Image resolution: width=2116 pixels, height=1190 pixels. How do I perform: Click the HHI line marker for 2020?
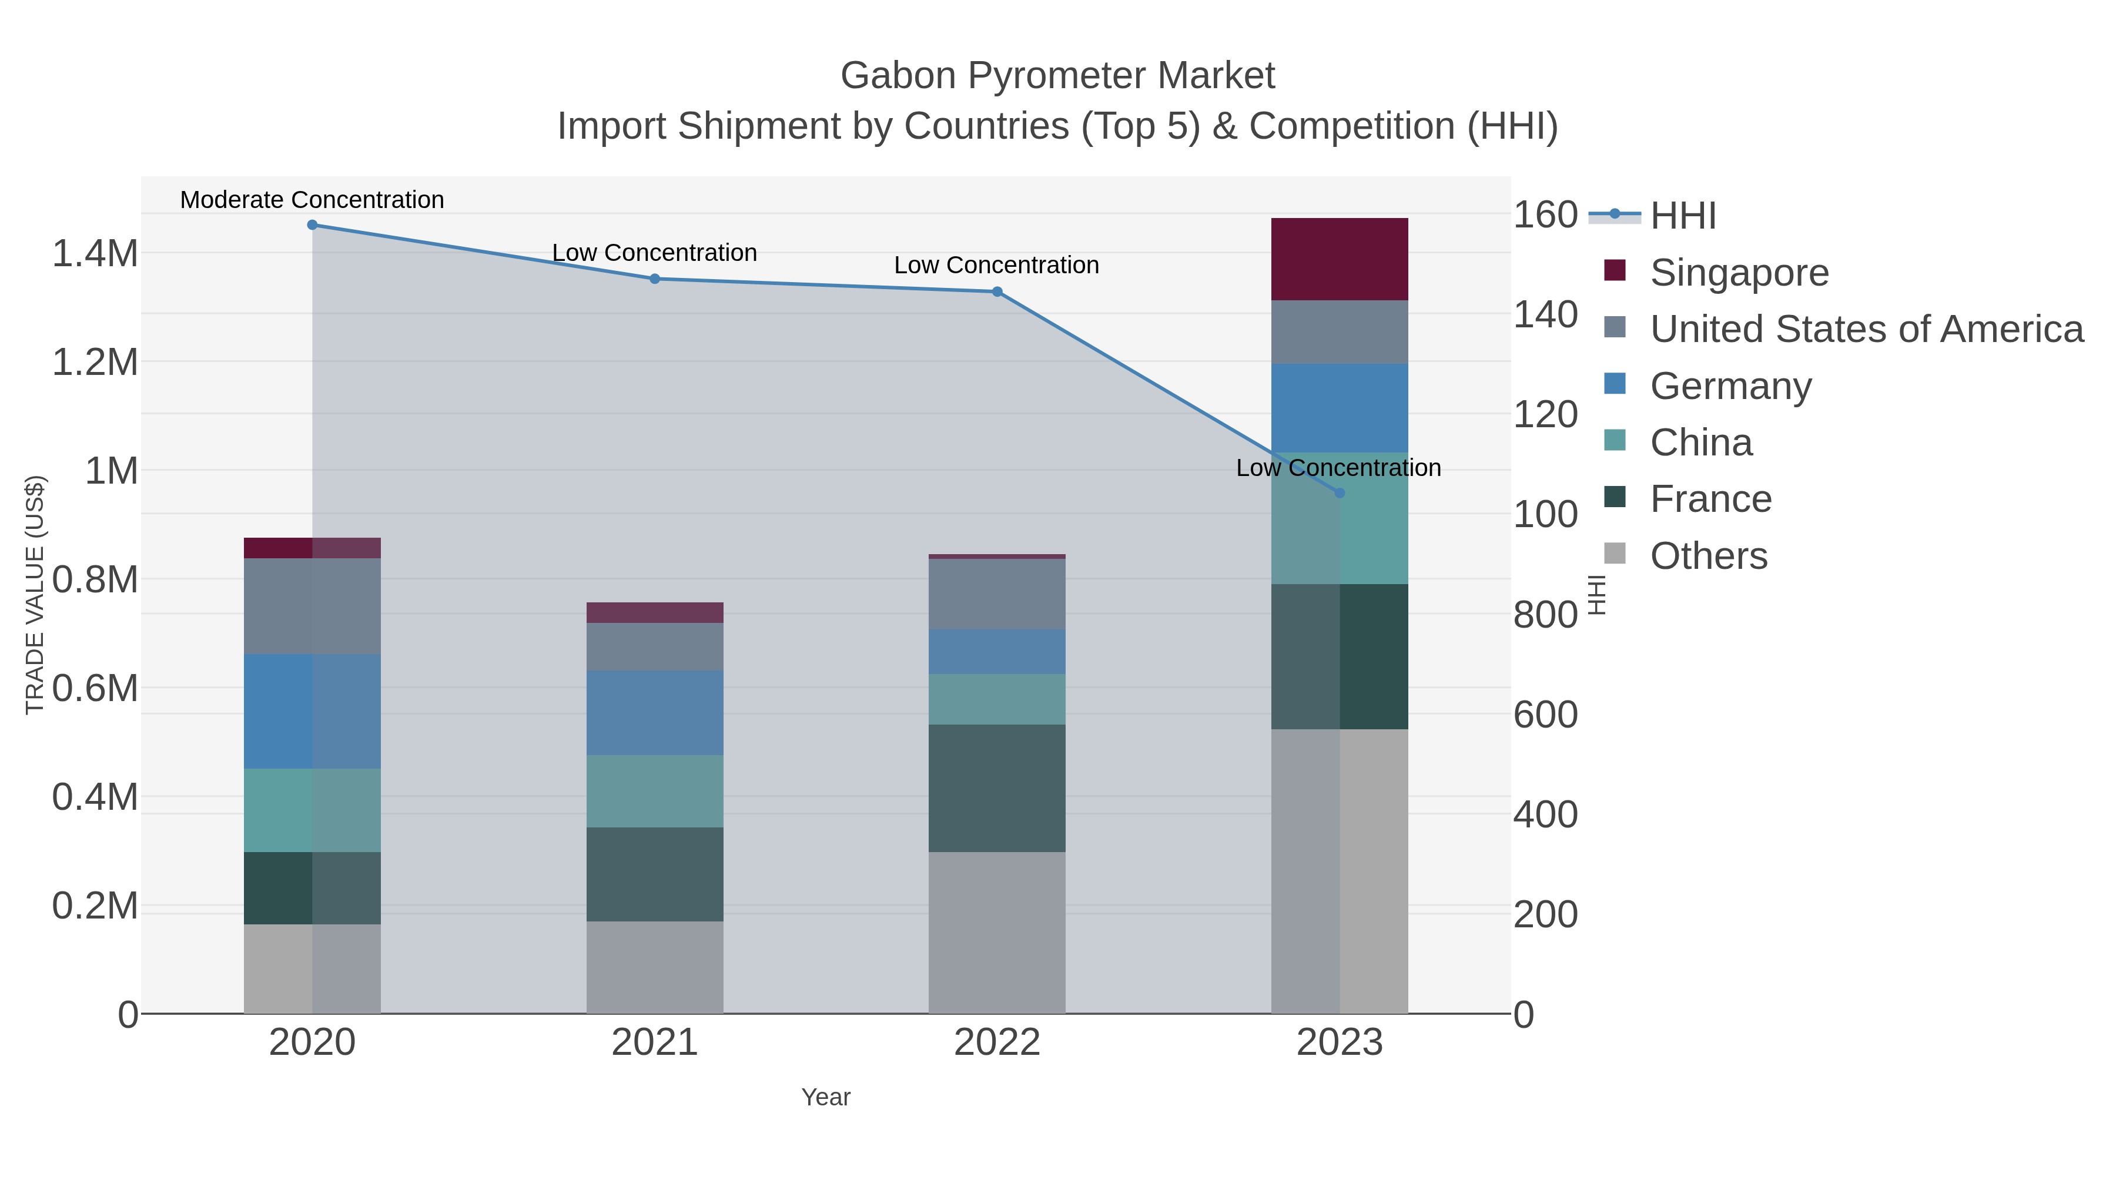tap(312, 225)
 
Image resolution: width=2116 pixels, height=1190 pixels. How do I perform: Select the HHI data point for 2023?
tap(1340, 494)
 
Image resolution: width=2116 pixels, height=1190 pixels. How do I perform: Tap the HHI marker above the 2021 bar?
tap(655, 279)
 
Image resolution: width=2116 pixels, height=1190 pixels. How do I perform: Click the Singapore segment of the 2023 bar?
tap(1340, 260)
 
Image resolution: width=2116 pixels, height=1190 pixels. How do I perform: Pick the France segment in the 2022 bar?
tap(997, 789)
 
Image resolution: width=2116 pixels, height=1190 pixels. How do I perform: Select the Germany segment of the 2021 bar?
tap(655, 713)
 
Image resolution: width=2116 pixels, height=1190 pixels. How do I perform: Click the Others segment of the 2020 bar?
tap(312, 969)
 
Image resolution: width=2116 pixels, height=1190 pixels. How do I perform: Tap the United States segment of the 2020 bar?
tap(312, 606)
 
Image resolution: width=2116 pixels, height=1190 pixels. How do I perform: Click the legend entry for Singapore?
tap(1739, 273)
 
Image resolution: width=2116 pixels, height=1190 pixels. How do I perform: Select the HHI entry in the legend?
tap(1683, 216)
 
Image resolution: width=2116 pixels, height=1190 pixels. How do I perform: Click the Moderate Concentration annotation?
tap(312, 200)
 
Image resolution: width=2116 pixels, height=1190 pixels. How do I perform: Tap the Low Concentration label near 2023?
tap(1338, 468)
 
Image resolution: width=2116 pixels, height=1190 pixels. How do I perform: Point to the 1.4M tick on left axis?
tap(95, 254)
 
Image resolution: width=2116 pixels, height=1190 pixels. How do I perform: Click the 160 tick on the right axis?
tap(1545, 215)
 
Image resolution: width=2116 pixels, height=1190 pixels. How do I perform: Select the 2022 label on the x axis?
tap(997, 1043)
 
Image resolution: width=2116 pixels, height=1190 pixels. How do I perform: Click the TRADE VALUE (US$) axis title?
tap(35, 595)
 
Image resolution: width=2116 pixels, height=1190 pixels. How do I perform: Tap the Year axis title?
tap(826, 1097)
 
